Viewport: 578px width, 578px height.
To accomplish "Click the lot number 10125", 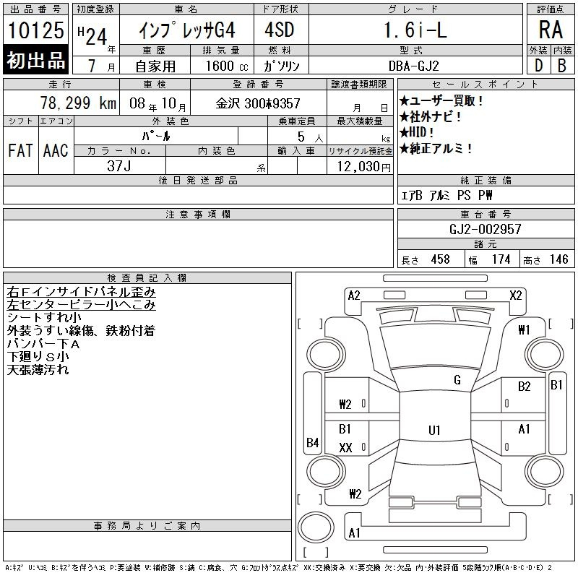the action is coord(35,30).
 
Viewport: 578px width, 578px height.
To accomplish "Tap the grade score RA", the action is coord(551,30).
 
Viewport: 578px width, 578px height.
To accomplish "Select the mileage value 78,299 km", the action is coord(78,103).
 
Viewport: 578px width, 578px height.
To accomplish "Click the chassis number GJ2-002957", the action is coord(485,229).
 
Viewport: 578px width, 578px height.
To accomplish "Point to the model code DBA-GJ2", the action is coord(413,66).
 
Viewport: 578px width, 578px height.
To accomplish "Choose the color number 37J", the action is coord(118,166).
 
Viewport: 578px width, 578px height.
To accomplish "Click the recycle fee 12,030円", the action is coord(363,167).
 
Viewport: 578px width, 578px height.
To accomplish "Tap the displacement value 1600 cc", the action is coord(227,66).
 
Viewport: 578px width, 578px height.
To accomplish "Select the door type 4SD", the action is coord(280,30).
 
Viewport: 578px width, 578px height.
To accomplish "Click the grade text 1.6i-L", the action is coord(415,30).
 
